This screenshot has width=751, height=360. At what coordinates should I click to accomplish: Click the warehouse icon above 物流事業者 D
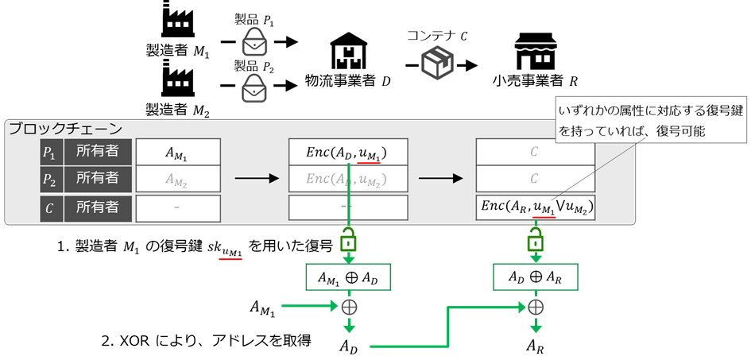click(350, 52)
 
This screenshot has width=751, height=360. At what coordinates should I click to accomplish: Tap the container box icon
click(439, 62)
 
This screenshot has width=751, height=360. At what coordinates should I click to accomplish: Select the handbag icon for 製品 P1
click(254, 39)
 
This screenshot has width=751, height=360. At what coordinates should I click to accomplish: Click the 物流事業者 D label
click(348, 81)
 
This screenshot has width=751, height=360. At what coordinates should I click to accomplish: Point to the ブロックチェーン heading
click(65, 129)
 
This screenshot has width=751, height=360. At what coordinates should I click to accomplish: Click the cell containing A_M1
click(176, 152)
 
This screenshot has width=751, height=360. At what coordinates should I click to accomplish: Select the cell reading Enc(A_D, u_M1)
click(347, 152)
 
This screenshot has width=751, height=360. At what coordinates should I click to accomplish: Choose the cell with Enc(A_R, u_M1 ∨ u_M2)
click(535, 207)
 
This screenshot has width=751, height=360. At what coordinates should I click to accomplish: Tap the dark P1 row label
click(50, 152)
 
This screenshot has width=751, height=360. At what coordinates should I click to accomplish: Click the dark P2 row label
click(50, 179)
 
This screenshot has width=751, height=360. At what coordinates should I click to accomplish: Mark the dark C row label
click(50, 207)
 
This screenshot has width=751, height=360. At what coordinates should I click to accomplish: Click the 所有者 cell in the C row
click(97, 207)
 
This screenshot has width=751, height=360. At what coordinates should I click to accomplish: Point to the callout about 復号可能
click(649, 119)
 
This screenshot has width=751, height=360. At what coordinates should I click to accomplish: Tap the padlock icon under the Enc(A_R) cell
click(536, 239)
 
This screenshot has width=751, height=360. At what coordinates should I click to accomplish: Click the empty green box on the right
click(536, 277)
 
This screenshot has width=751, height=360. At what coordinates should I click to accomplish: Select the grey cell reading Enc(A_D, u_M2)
click(347, 179)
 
